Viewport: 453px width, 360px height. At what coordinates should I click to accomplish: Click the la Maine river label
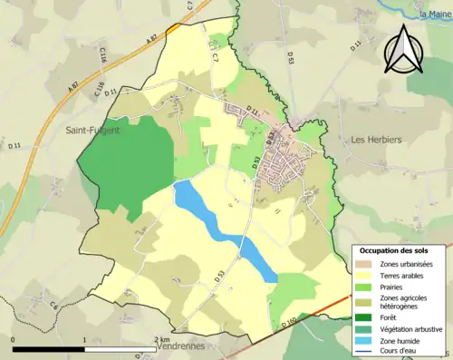(434, 14)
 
